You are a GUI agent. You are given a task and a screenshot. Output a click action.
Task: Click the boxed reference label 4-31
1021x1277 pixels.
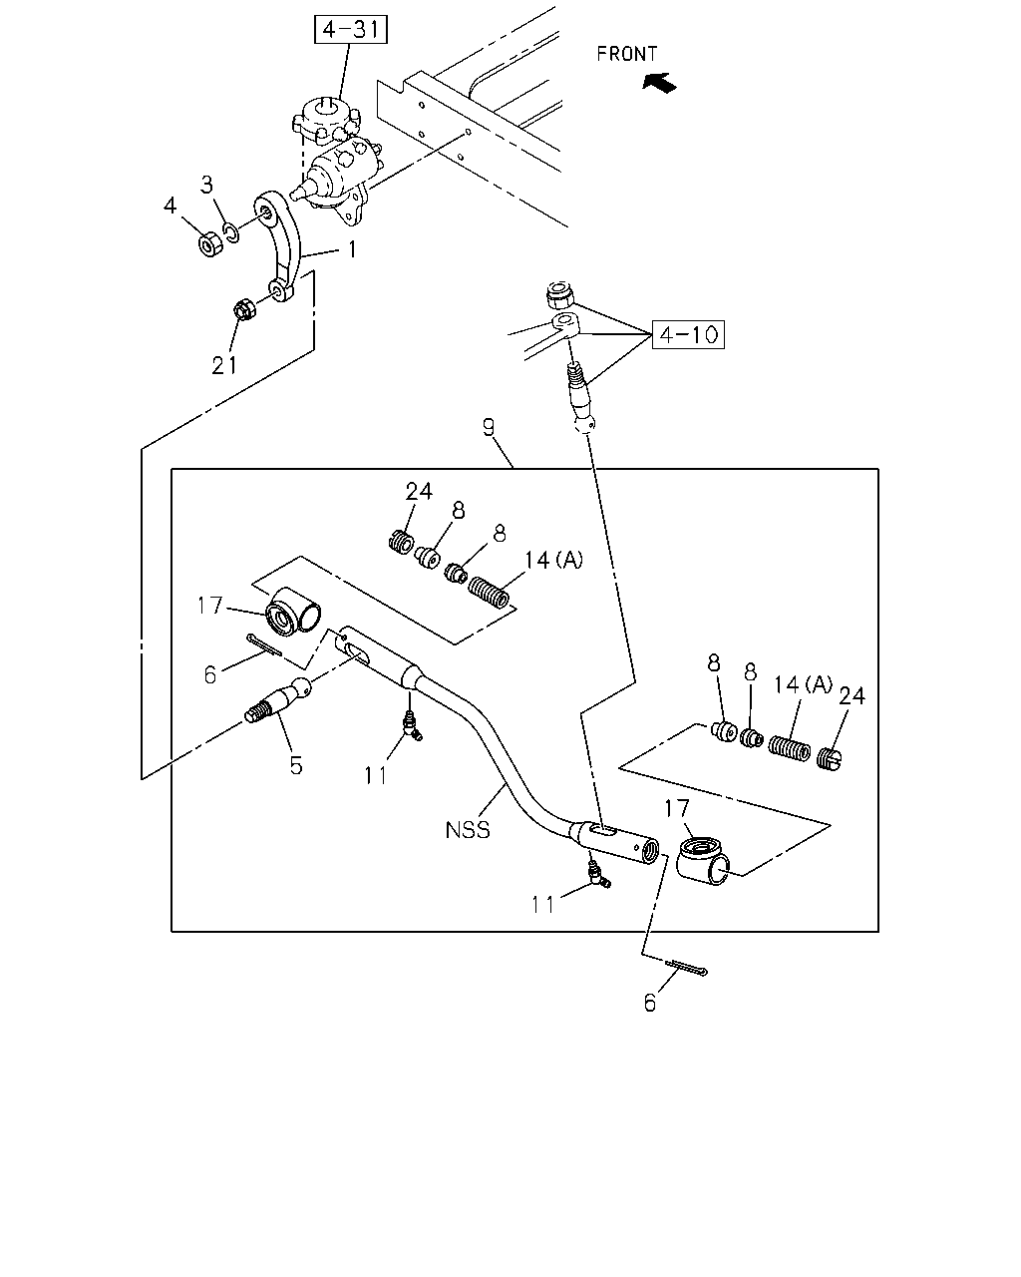pos(351,30)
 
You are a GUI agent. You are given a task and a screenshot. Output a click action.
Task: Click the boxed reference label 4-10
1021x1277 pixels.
pos(688,334)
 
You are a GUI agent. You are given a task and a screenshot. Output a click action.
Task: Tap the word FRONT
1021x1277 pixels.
pos(627,54)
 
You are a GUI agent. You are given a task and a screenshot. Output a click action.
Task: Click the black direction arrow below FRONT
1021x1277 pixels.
pos(660,83)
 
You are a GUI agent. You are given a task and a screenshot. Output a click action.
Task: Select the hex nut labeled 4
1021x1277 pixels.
pos(210,243)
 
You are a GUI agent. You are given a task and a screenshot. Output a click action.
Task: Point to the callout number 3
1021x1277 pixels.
pos(206,185)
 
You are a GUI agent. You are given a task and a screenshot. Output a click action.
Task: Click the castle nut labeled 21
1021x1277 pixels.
pos(244,308)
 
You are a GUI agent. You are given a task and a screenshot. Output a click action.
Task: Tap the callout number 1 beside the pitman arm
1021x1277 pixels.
pos(352,249)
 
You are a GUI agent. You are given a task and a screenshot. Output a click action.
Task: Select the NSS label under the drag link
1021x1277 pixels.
pos(468,830)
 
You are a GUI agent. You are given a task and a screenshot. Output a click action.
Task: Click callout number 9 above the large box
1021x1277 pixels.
pos(489,427)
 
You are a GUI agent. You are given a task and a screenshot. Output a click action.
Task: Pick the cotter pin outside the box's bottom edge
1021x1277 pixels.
pos(686,968)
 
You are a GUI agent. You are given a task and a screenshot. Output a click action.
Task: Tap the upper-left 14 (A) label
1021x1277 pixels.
pos(553,560)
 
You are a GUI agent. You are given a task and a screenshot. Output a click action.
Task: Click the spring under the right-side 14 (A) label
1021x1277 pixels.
pos(789,748)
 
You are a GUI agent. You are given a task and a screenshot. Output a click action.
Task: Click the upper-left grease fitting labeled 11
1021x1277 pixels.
pos(411,725)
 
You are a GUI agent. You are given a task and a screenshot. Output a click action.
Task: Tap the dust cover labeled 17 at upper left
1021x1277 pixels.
pos(292,612)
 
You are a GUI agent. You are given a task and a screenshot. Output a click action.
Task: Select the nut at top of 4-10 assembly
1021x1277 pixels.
pos(558,295)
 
